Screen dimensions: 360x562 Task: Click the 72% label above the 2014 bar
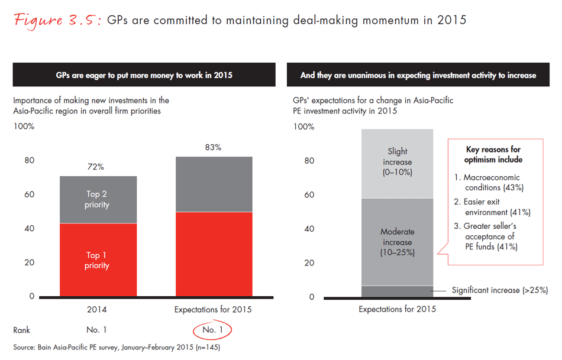[96, 167]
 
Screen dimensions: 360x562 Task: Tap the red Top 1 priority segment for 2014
[98, 260]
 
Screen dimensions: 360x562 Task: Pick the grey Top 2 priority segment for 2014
[98, 199]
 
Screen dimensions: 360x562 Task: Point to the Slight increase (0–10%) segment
[397, 162]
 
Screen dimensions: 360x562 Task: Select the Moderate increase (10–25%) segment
[397, 242]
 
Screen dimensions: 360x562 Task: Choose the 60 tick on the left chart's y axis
[29, 194]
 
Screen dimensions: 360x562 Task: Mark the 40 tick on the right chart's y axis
[309, 229]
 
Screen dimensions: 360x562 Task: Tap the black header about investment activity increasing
[418, 75]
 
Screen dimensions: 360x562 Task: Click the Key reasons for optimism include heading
[493, 155]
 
